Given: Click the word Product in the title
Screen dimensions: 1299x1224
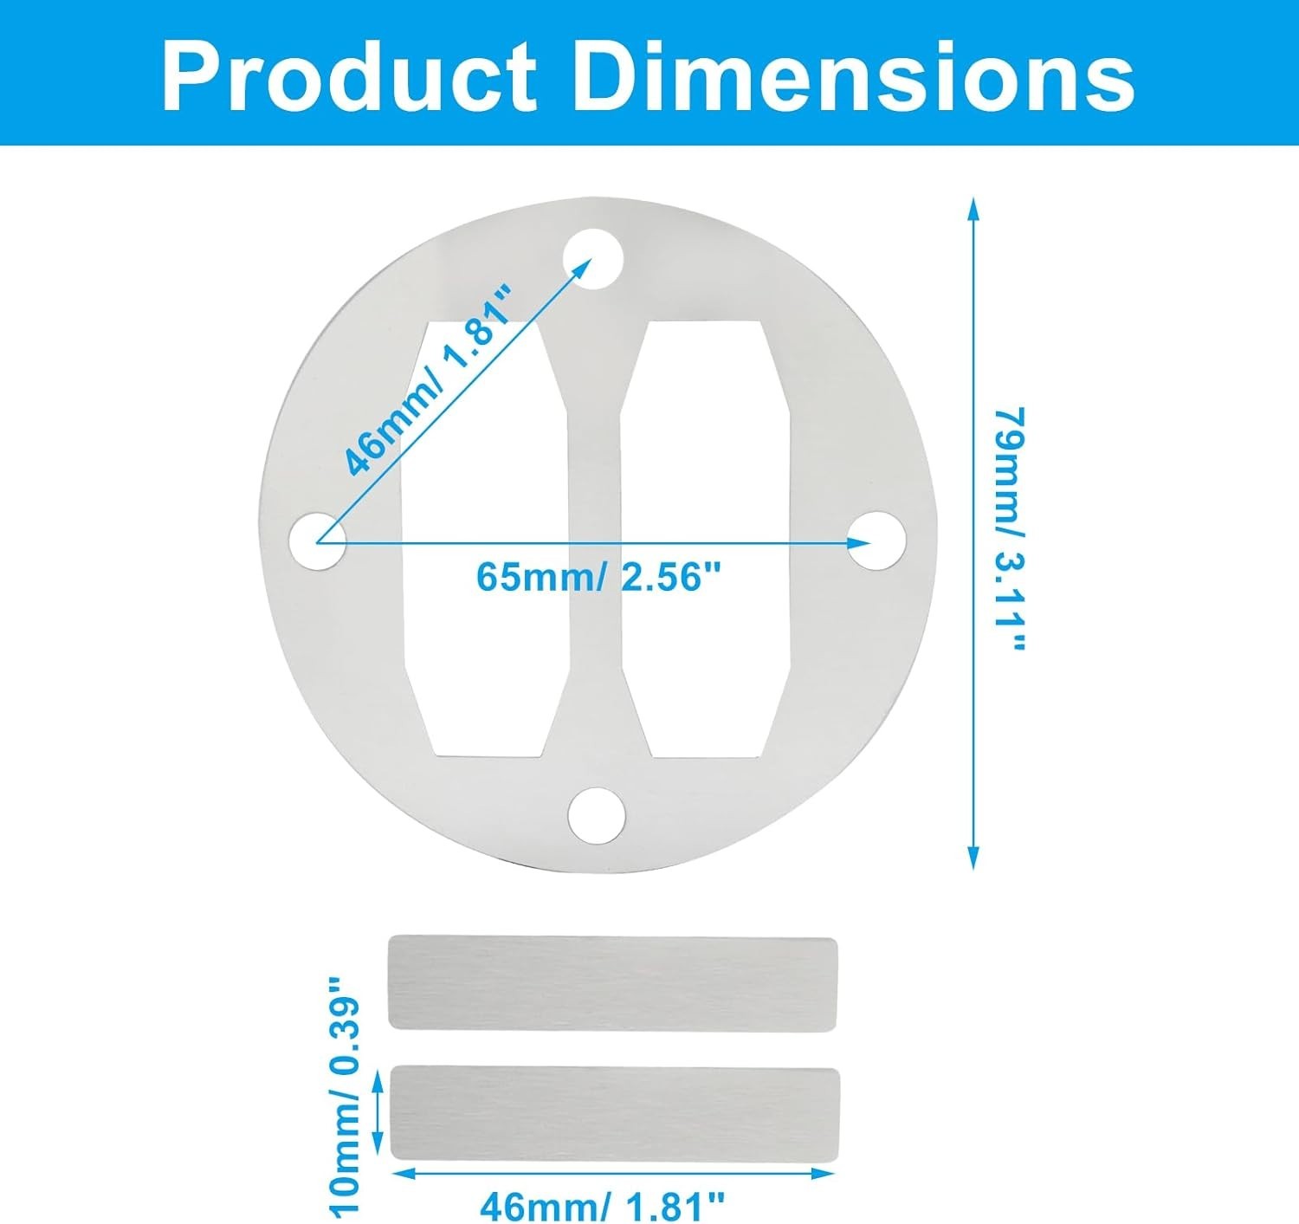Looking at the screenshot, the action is click(350, 77).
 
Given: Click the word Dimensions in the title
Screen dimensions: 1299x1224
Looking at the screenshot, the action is click(853, 77).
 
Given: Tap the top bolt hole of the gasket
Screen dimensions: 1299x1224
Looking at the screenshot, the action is click(593, 259).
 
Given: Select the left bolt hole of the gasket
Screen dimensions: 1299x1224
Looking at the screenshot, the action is click(317, 541).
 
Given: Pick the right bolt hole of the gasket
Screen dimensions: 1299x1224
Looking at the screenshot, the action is click(877, 541).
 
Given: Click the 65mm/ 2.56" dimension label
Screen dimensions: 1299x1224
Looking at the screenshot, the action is click(598, 577).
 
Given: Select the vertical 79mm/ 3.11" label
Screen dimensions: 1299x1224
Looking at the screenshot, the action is click(1009, 529).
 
